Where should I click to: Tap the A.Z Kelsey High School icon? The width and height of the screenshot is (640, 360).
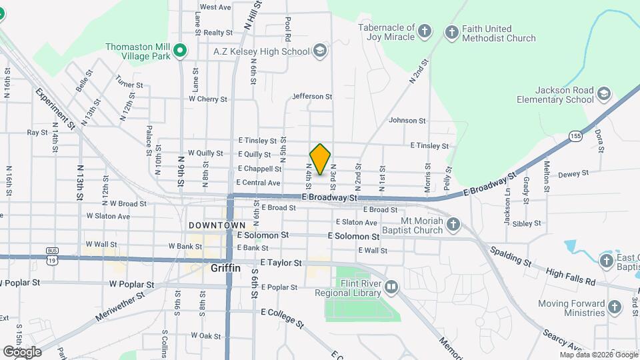point(320,51)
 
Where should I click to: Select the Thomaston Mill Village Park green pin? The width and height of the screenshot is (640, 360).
point(179,51)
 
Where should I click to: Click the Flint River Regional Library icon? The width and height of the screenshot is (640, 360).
point(391,287)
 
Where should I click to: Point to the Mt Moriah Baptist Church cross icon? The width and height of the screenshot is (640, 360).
point(453,224)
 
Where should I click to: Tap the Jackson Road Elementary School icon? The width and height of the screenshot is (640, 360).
point(604,93)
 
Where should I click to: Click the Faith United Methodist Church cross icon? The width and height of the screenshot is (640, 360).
point(451,31)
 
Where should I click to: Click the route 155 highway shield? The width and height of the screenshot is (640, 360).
point(574,136)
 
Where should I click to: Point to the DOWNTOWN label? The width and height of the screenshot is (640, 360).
point(217,226)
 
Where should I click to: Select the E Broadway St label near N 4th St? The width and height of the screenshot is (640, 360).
point(329,198)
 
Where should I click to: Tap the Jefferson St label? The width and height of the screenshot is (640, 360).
point(312,97)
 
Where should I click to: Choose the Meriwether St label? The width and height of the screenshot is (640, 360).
point(121,305)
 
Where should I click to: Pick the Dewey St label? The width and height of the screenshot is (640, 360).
point(573,173)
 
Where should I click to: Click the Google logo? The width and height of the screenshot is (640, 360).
point(22,351)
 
